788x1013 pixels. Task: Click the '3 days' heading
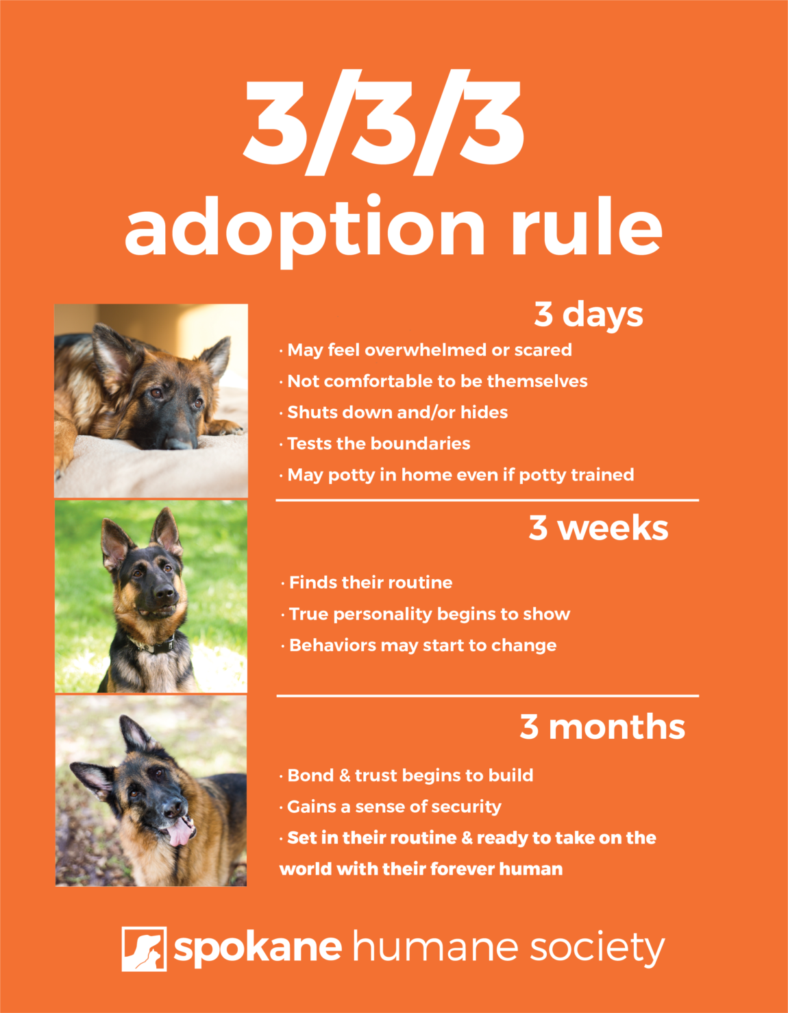click(x=588, y=315)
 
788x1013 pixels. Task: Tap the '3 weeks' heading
click(x=598, y=528)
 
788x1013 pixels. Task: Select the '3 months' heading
click(x=602, y=727)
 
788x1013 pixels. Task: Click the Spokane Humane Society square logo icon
click(x=144, y=949)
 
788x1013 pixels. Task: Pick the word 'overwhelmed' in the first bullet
click(x=426, y=350)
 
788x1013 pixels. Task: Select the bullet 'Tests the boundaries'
click(x=378, y=443)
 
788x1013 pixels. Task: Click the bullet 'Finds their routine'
click(x=370, y=583)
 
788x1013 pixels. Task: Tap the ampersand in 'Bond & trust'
click(x=345, y=776)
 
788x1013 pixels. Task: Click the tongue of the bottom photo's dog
click(x=180, y=831)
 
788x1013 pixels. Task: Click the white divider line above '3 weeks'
click(x=487, y=500)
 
